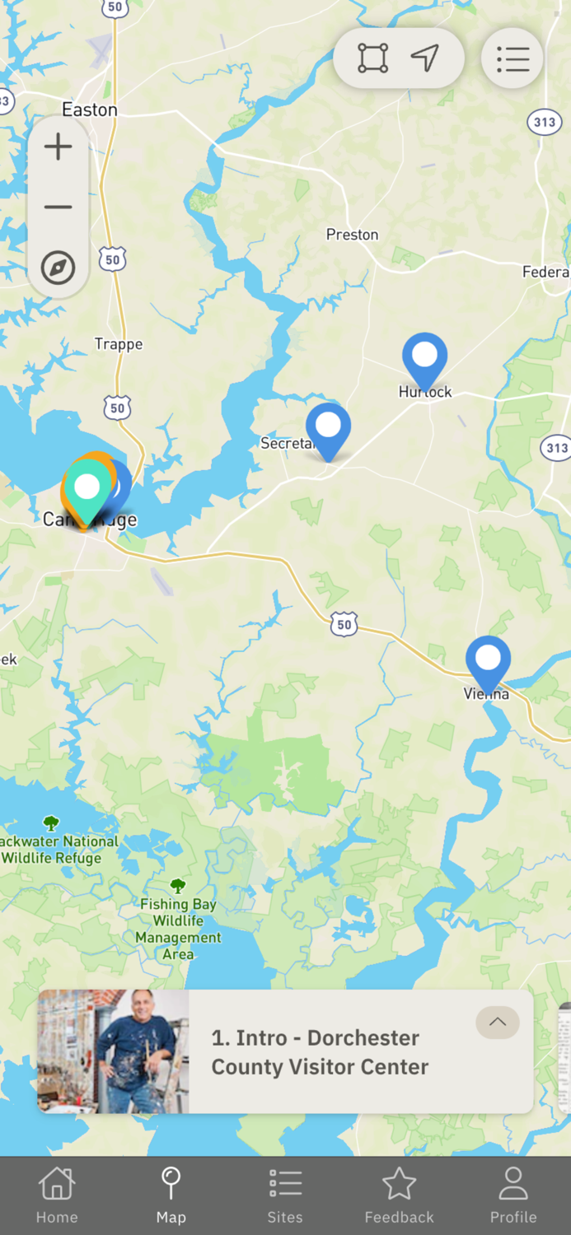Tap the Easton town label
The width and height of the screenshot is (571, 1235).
point(90,110)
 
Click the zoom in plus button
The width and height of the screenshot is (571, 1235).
point(58,147)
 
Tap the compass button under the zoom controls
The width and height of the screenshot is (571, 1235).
point(58,268)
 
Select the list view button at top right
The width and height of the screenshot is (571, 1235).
point(512,58)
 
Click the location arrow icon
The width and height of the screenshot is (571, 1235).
point(424,58)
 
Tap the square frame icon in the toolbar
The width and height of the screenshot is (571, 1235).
point(372,58)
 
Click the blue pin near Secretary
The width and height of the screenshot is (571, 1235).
point(328,428)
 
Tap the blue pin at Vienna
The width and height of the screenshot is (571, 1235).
point(488,661)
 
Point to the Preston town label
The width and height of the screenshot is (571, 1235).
point(352,235)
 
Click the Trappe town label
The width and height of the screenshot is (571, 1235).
point(119,344)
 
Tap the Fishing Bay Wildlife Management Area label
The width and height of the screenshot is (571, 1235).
point(178,929)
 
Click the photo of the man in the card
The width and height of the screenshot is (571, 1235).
point(114,1051)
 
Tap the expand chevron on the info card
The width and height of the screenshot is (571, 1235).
point(498,1023)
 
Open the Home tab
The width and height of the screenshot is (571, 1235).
point(57,1195)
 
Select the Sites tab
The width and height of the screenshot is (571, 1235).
point(285,1195)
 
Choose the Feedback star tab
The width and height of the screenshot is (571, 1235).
point(399,1195)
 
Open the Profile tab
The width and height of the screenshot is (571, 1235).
point(512,1195)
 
